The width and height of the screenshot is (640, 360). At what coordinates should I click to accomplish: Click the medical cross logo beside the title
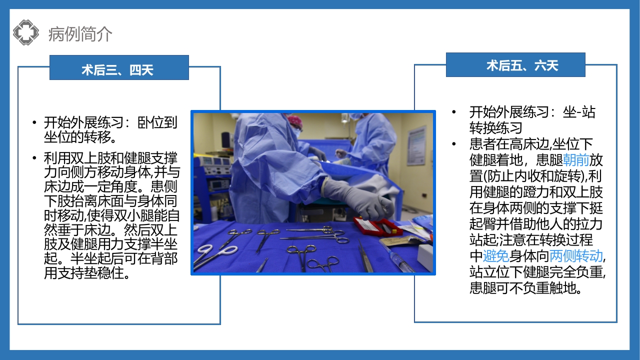coord(26,32)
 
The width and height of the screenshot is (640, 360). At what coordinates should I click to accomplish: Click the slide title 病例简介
coord(80,34)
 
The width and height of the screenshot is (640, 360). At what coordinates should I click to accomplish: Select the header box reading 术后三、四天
coord(119,68)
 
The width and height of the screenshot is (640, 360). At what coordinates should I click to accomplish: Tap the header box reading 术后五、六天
coord(515,65)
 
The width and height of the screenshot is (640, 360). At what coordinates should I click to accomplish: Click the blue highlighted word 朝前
coord(576,160)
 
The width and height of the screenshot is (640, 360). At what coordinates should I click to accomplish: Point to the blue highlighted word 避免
coord(496,256)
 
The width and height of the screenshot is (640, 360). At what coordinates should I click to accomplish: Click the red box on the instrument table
coord(377,226)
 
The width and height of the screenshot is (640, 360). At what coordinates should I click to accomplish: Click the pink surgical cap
coord(295,120)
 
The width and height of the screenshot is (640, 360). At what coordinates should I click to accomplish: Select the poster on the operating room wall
coord(416,145)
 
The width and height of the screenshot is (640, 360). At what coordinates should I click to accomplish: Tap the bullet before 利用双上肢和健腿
coord(34,158)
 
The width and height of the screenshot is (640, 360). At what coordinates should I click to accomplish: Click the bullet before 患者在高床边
coord(454,144)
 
